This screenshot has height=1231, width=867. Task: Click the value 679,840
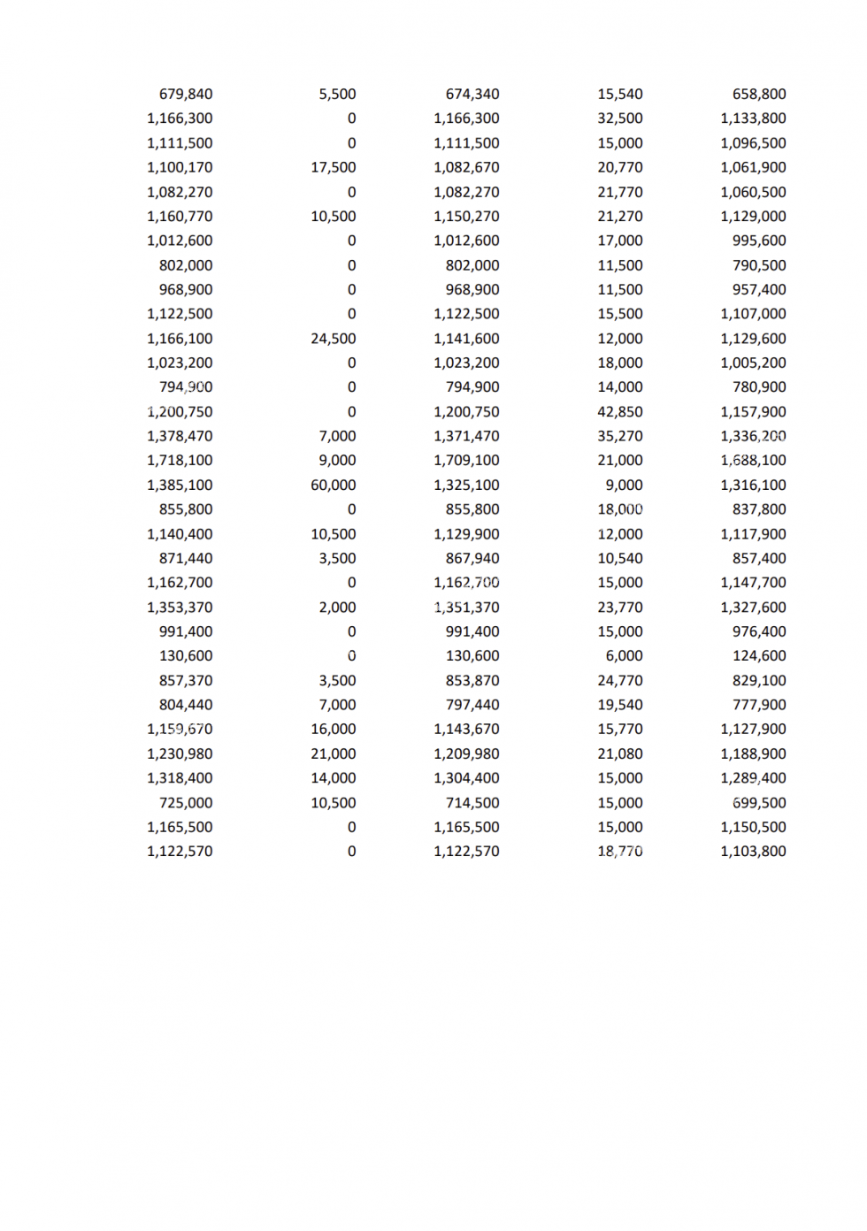click(186, 94)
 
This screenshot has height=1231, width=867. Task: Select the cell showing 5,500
click(337, 94)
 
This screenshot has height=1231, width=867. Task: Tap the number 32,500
click(619, 119)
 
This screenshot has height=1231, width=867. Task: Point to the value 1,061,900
click(753, 167)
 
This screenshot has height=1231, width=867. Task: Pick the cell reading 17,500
click(333, 167)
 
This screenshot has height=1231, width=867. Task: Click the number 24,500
click(333, 339)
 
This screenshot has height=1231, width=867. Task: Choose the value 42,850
click(619, 412)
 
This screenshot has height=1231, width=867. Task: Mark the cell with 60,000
click(333, 486)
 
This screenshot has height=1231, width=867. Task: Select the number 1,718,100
click(180, 461)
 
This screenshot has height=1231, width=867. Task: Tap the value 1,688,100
click(753, 461)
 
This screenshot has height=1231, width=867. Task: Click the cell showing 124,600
click(759, 656)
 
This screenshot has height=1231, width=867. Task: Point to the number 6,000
click(624, 656)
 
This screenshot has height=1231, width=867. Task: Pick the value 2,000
click(337, 608)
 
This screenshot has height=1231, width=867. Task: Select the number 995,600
click(759, 241)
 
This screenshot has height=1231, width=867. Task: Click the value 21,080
click(619, 754)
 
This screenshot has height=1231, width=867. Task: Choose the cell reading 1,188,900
click(753, 754)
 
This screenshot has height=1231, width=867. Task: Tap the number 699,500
click(759, 803)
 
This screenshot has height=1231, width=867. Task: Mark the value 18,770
click(619, 852)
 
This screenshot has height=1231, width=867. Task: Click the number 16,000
click(333, 730)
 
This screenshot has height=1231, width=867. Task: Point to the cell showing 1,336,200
click(753, 436)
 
